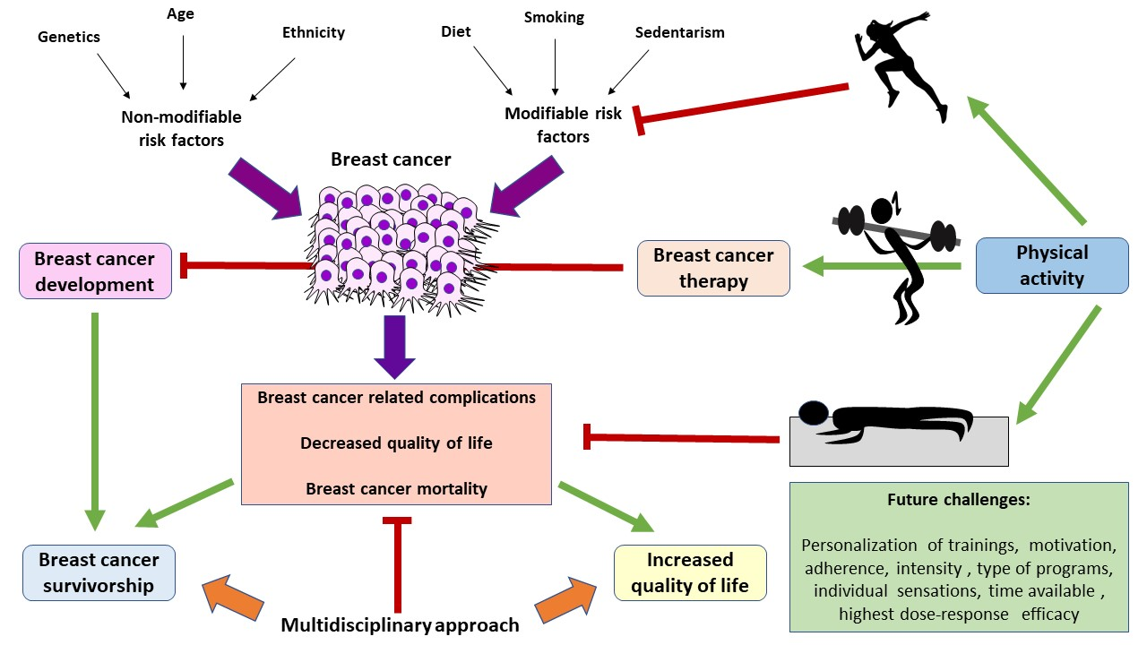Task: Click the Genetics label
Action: pyautogui.click(x=69, y=37)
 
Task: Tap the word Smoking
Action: pyautogui.click(x=554, y=17)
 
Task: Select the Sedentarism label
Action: pyautogui.click(x=679, y=32)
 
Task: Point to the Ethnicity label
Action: pyautogui.click(x=313, y=32)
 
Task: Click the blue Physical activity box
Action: pyautogui.click(x=1051, y=265)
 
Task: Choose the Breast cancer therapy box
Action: pyautogui.click(x=712, y=268)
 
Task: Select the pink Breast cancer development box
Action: pyautogui.click(x=94, y=271)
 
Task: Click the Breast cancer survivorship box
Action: pyautogui.click(x=99, y=572)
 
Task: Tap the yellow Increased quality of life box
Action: pyautogui.click(x=689, y=572)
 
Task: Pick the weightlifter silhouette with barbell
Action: pyautogui.click(x=896, y=255)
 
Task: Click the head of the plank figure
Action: pyautogui.click(x=815, y=413)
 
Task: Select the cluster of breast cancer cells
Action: pyautogui.click(x=392, y=242)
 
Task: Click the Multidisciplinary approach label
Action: pyautogui.click(x=400, y=624)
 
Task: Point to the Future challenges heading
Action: pyautogui.click(x=958, y=500)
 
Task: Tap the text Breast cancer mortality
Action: pyautogui.click(x=396, y=488)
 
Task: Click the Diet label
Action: pyautogui.click(x=455, y=32)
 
